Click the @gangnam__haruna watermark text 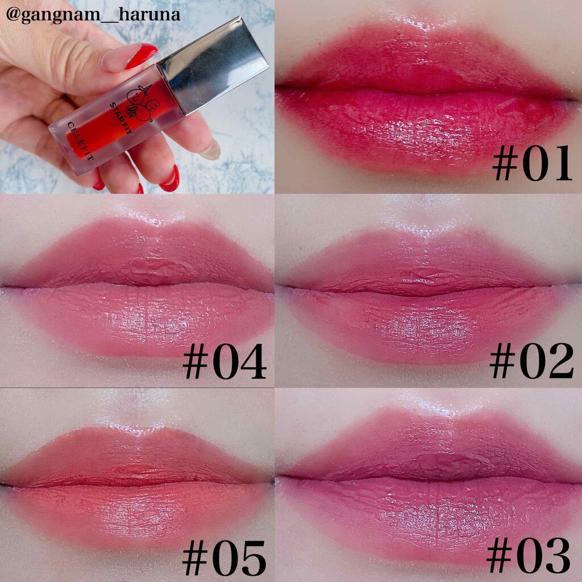coord(93,15)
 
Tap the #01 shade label coord(532,163)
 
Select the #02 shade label coord(532,360)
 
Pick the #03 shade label coord(528,556)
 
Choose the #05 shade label coord(224,558)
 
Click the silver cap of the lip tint coord(213,65)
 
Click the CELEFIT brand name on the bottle coord(80,142)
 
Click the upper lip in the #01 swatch coord(427,61)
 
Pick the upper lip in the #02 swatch coord(425,264)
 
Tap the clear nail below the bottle coord(210,149)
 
